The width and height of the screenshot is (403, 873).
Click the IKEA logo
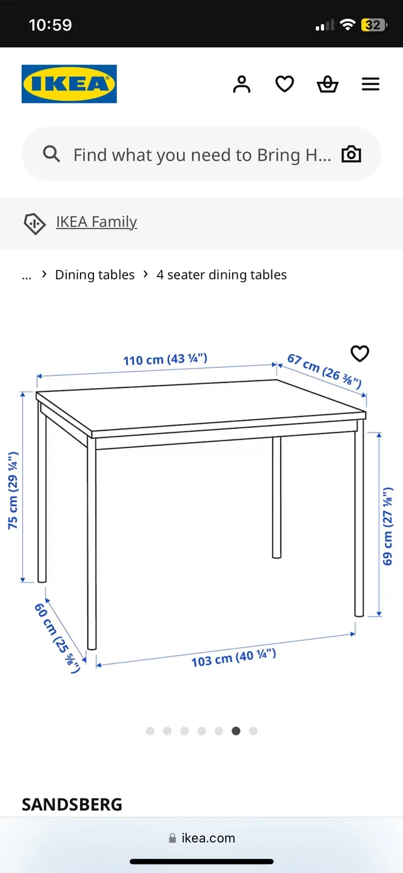click(x=69, y=84)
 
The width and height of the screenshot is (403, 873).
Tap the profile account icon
click(x=241, y=84)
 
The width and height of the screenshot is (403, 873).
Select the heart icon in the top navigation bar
click(x=285, y=84)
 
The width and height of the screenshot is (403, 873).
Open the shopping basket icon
click(x=327, y=84)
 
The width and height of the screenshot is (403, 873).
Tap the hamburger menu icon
click(x=370, y=84)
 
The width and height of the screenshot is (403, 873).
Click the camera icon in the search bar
click(x=351, y=155)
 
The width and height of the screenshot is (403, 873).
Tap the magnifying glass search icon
click(x=52, y=155)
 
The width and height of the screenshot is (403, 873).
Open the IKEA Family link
click(x=96, y=222)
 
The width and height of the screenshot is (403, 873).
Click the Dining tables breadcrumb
click(x=95, y=275)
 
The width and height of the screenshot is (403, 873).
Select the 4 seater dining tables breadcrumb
click(x=221, y=275)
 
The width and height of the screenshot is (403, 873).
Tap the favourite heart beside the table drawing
click(x=360, y=353)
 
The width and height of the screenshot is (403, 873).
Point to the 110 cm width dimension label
click(x=165, y=360)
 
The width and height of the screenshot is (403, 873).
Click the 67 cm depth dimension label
click(x=324, y=370)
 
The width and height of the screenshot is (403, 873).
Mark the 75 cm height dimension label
click(x=13, y=490)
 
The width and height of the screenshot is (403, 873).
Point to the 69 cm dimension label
click(x=388, y=526)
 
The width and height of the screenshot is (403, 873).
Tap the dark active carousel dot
click(x=236, y=731)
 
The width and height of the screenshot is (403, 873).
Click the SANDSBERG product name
click(x=72, y=804)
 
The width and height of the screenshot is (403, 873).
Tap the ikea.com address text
click(x=208, y=838)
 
